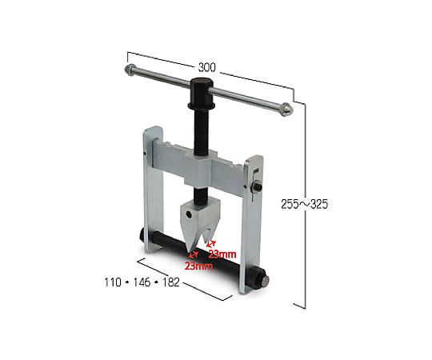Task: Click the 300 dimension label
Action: [207, 67]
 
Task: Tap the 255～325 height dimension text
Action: [305, 204]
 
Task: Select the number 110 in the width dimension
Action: [113, 282]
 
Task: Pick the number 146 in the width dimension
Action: [142, 282]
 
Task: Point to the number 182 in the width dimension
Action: [171, 282]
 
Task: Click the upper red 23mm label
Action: [222, 254]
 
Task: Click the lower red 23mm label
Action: [198, 266]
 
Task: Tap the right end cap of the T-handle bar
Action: [286, 109]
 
